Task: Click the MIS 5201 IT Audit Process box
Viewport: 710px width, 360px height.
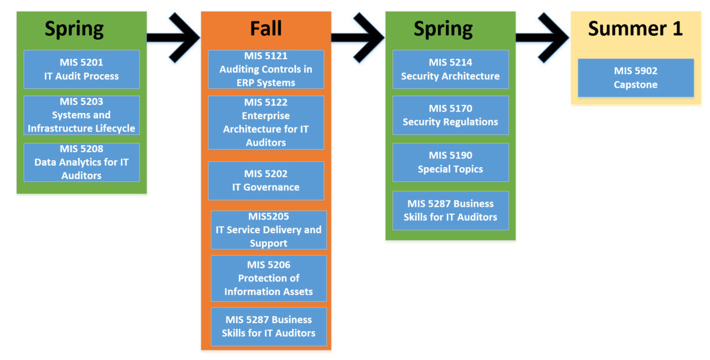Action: click(81, 69)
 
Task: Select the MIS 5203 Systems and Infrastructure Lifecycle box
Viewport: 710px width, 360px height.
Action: click(81, 115)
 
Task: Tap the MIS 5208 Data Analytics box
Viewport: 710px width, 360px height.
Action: click(81, 162)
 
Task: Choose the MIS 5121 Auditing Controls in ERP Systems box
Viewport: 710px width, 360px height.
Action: click(266, 69)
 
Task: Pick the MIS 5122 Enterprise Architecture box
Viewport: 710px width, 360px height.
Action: click(266, 122)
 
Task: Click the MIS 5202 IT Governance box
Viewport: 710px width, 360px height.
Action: click(266, 180)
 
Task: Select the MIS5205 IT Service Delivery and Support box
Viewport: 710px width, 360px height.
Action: click(269, 230)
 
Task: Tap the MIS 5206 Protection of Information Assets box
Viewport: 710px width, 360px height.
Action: click(269, 278)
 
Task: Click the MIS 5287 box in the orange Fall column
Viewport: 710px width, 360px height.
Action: click(269, 326)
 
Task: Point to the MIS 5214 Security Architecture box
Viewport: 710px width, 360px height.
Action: click(450, 69)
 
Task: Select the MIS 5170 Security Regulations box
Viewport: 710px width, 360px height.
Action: click(450, 115)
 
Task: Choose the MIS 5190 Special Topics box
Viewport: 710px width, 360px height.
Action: click(450, 162)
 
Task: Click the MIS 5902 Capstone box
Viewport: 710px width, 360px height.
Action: click(636, 78)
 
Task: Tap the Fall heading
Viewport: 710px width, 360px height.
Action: click(266, 28)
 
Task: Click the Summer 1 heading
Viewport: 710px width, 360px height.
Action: click(635, 28)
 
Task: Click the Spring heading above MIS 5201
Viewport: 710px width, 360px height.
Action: click(74, 28)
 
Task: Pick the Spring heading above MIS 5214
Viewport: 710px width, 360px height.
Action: click(443, 28)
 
